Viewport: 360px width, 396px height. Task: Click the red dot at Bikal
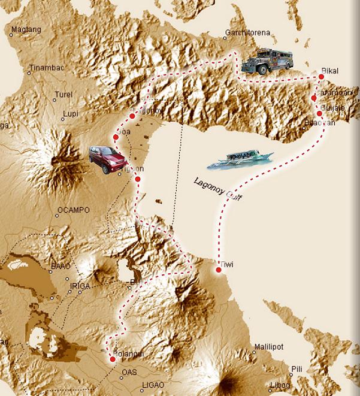click(322, 77)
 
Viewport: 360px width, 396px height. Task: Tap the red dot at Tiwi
click(219, 270)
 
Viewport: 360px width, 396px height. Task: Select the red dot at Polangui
click(113, 359)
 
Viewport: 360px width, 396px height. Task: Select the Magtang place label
click(26, 29)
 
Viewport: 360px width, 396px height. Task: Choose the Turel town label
click(63, 95)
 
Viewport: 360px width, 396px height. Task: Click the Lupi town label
click(70, 113)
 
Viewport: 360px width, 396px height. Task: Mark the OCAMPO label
click(72, 210)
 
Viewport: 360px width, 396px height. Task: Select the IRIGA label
click(80, 286)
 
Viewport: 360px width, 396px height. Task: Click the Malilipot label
click(268, 346)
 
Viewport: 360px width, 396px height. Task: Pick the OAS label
click(129, 372)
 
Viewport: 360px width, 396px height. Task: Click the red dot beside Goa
click(115, 137)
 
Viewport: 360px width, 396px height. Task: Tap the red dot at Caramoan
click(314, 98)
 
